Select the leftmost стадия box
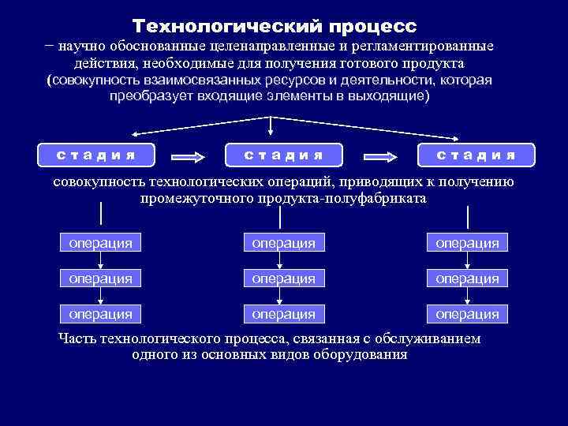(95, 155)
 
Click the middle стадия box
(283, 155)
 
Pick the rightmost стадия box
(476, 155)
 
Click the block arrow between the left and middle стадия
(189, 155)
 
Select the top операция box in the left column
(100, 243)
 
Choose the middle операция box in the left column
(100, 278)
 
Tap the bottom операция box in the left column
(100, 314)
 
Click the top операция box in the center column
(283, 243)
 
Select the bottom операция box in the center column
(283, 314)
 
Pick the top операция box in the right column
(466, 243)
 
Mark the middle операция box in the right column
(466, 278)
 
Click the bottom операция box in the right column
(466, 314)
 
